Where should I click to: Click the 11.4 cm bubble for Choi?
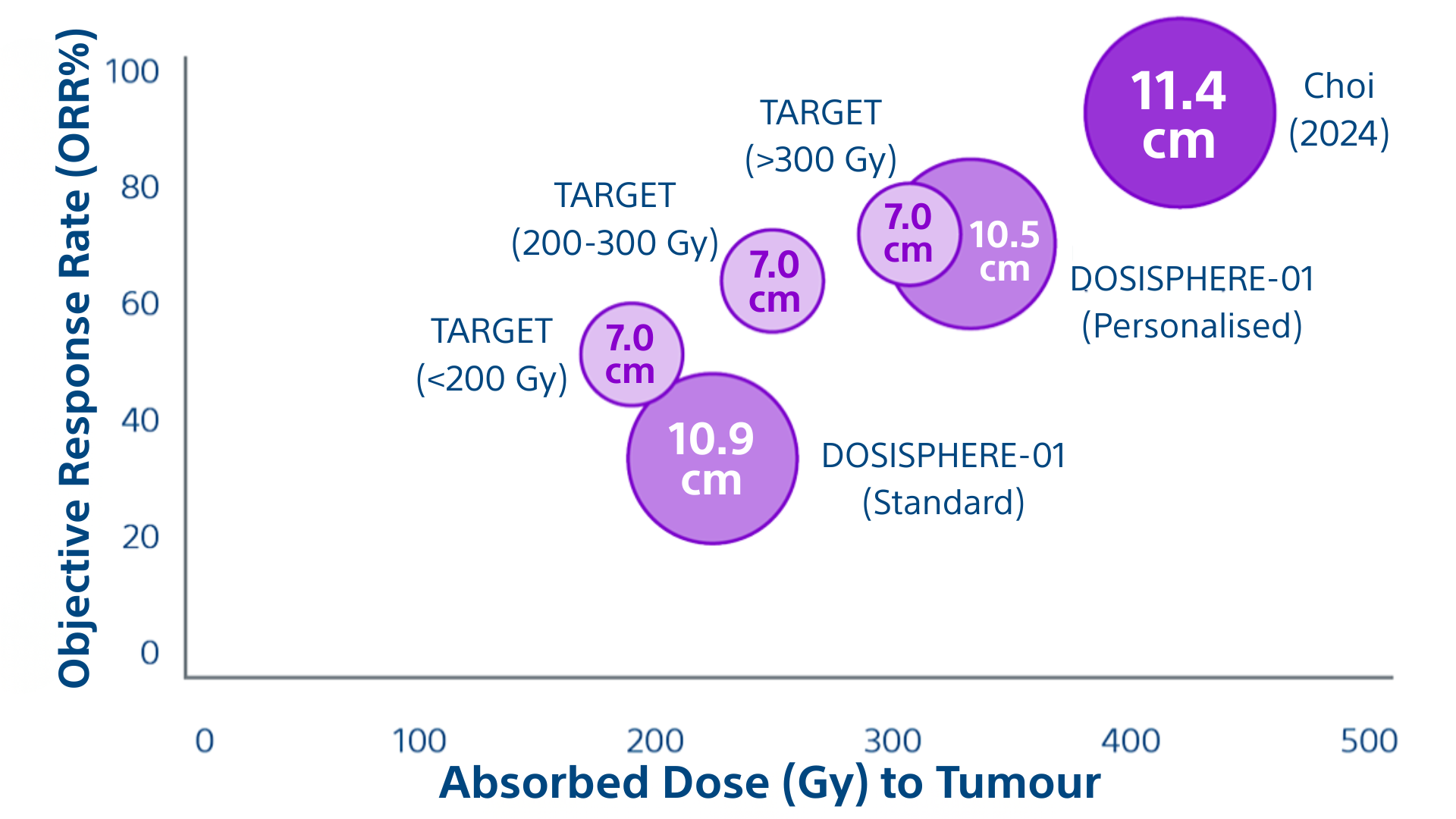(1179, 113)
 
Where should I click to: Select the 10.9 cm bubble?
(712, 459)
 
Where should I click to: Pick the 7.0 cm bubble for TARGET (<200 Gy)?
(631, 354)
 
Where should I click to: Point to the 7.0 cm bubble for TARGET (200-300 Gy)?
(772, 281)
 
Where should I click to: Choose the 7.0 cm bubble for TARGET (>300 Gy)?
(908, 234)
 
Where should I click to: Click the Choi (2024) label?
(1338, 110)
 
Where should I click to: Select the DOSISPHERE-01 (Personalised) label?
(1191, 303)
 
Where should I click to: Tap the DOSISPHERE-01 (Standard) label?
(943, 479)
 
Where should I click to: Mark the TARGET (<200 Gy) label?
(491, 355)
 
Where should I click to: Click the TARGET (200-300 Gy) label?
(614, 219)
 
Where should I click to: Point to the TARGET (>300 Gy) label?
(821, 136)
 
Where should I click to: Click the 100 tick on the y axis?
(133, 72)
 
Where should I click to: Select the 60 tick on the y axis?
(140, 304)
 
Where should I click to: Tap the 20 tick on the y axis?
(140, 538)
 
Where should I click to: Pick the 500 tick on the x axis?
(1369, 741)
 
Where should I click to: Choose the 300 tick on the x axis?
(893, 741)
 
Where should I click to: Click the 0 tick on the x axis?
(205, 741)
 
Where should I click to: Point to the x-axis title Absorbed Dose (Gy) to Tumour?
(769, 783)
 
